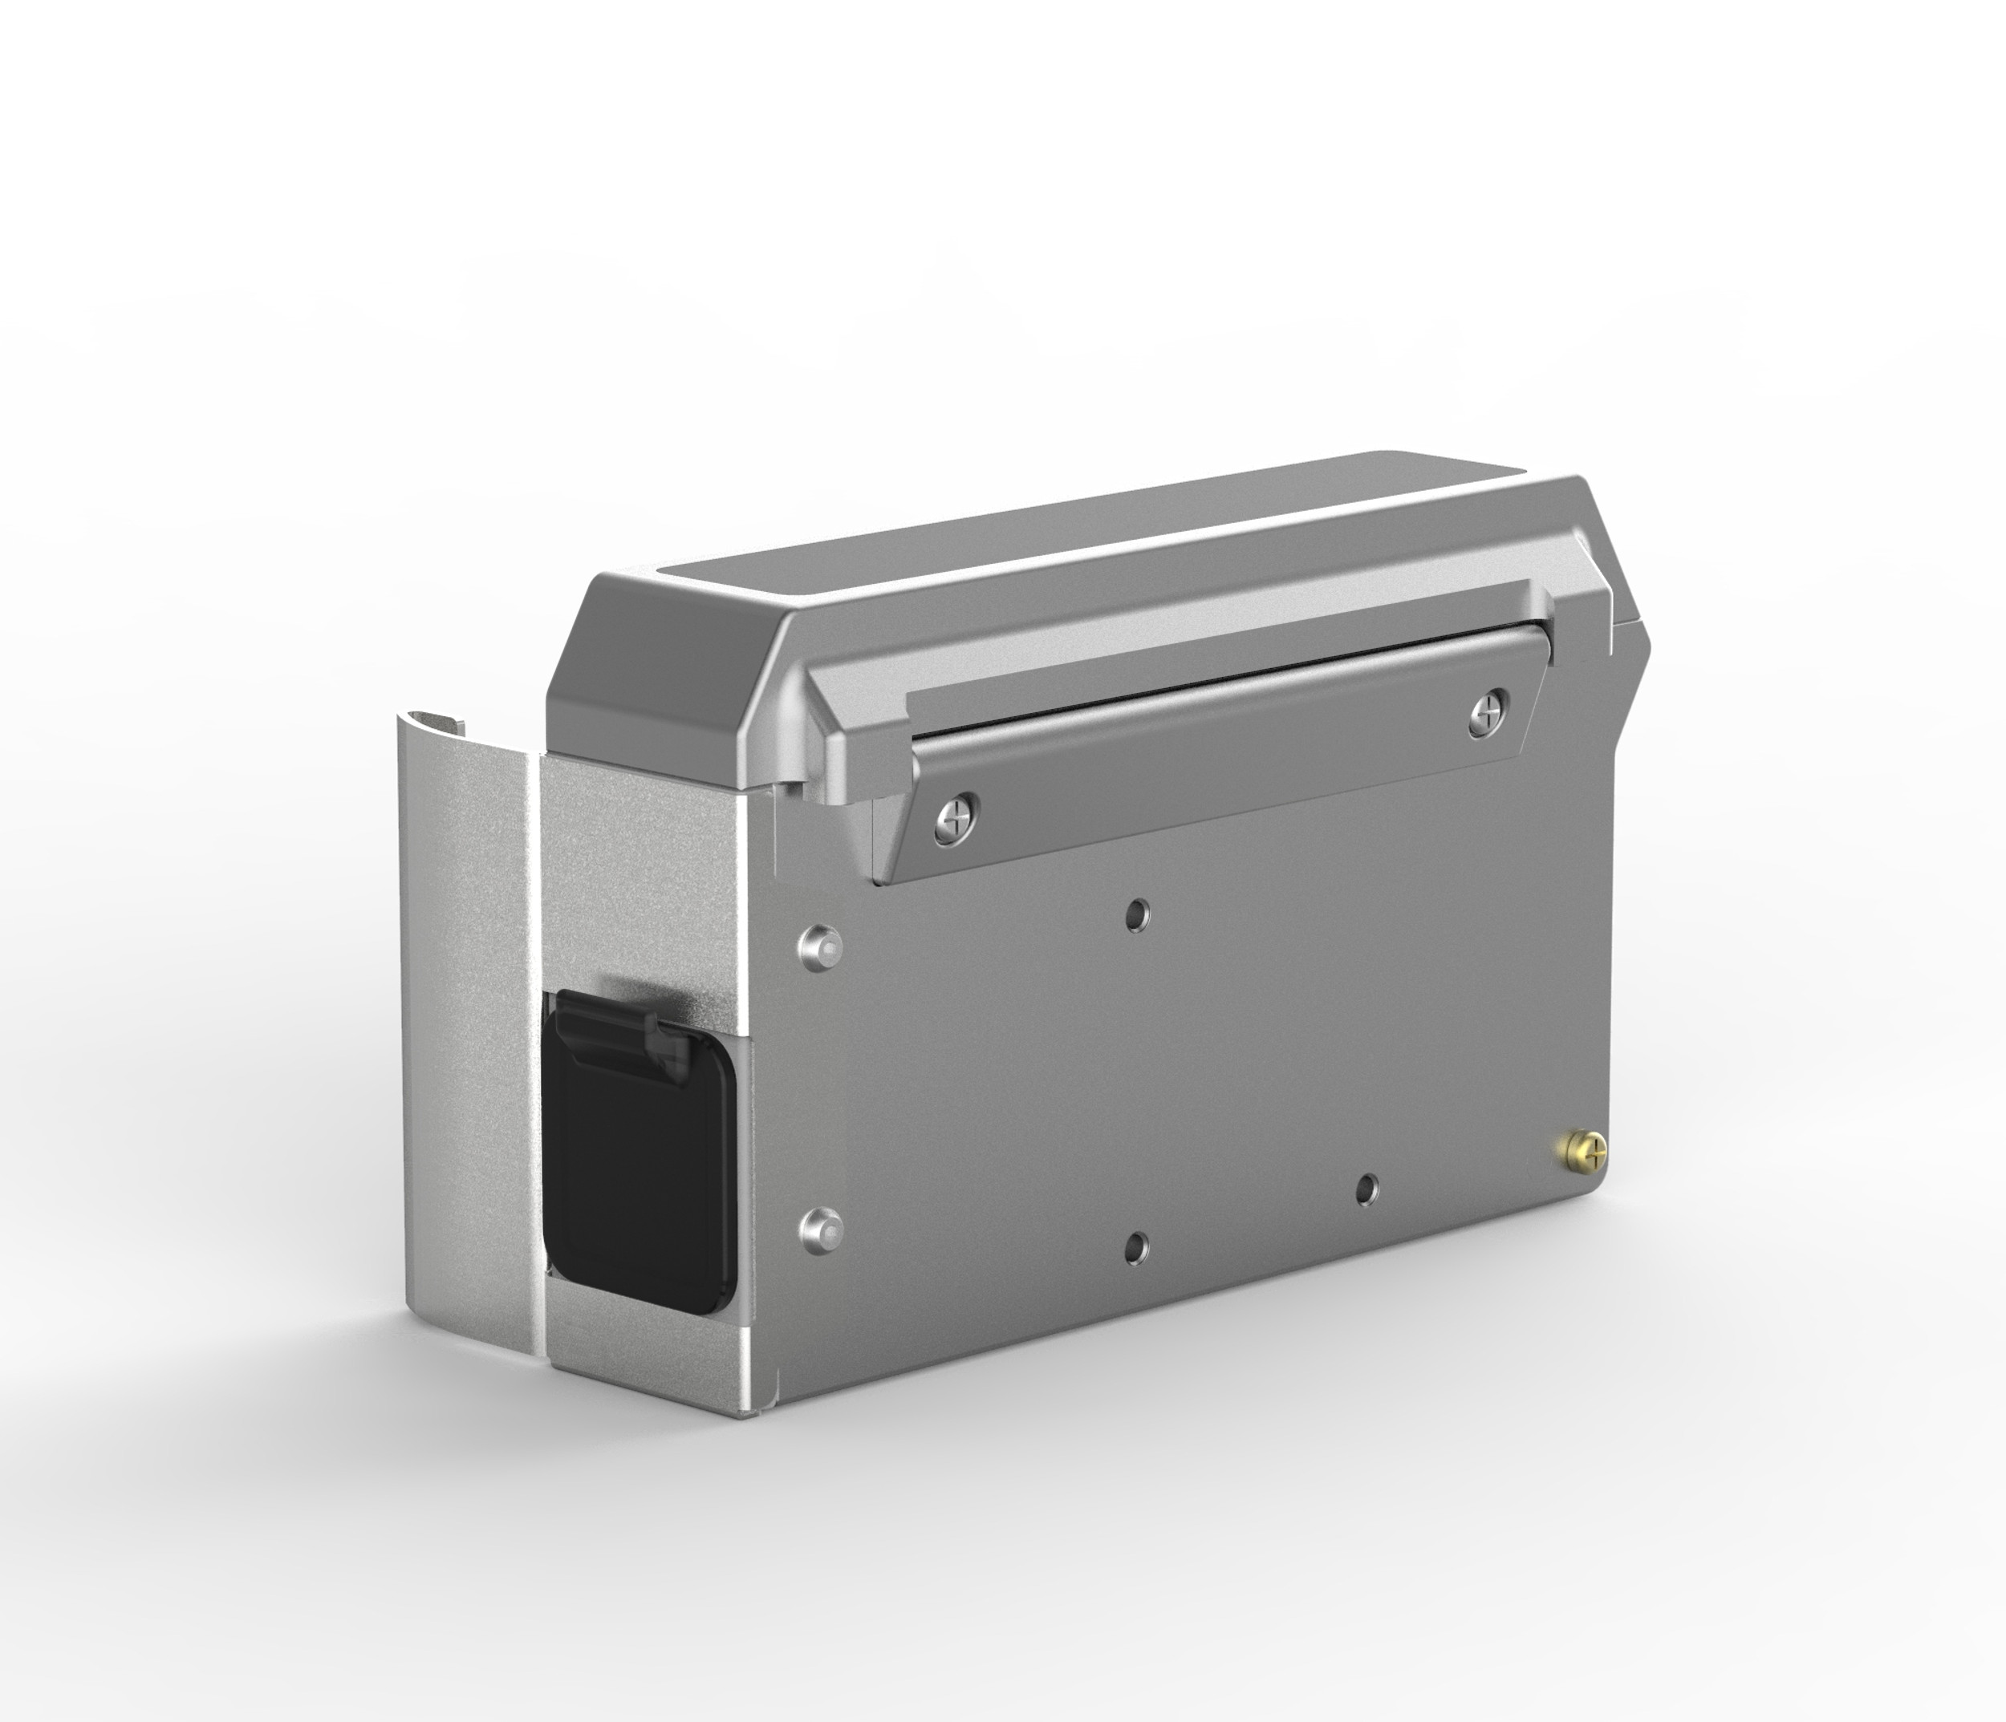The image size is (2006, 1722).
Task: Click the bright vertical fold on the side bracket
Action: tap(534, 1065)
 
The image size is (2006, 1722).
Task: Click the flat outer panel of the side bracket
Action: tap(465, 1065)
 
